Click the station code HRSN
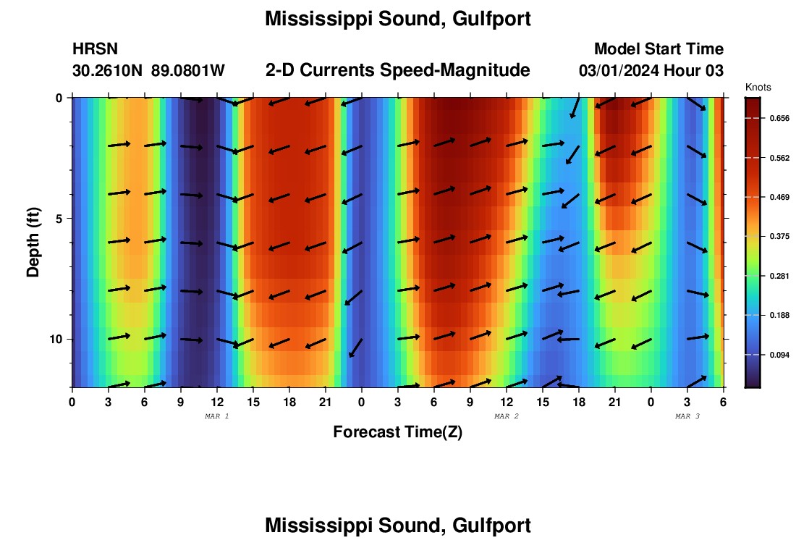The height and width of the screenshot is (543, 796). (x=95, y=49)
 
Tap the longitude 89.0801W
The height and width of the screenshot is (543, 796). (x=188, y=71)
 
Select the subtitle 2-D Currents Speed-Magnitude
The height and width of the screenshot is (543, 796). (x=397, y=70)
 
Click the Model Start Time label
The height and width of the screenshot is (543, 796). (x=659, y=49)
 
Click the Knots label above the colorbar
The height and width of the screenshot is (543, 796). (x=758, y=87)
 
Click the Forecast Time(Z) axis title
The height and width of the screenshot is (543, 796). (x=397, y=432)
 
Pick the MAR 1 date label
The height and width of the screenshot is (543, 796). (x=217, y=416)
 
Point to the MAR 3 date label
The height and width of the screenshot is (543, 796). (x=687, y=416)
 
